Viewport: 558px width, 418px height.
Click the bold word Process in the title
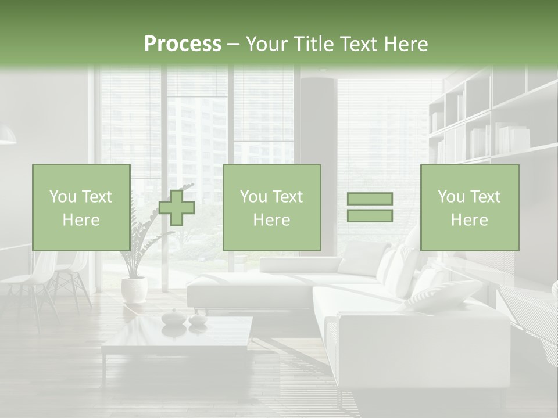point(183,44)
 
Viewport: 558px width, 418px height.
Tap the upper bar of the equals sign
point(370,199)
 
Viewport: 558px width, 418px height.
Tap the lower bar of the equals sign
point(370,215)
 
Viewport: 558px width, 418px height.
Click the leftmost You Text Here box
point(81,208)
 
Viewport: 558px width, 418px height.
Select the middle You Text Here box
point(271,208)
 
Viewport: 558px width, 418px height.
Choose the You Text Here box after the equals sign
point(469,208)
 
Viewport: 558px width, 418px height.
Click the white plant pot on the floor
point(134,289)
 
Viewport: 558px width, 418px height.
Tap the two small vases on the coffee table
point(184,318)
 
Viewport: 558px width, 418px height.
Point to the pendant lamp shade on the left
point(7,135)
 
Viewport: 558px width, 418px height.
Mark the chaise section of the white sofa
point(250,287)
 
